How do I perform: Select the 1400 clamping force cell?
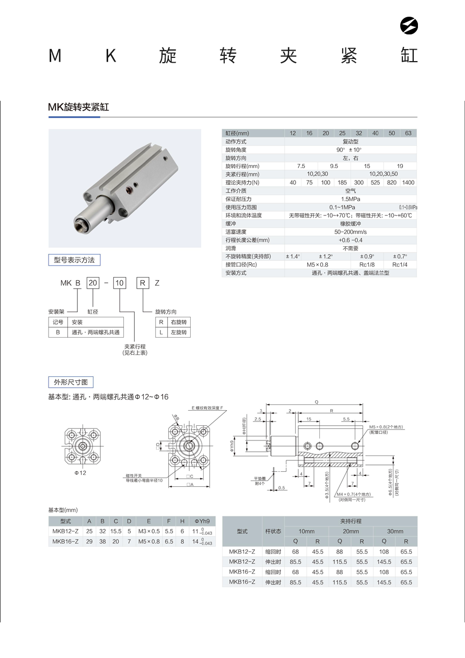409,182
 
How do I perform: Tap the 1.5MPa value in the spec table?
350,199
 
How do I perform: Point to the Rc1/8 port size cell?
367,265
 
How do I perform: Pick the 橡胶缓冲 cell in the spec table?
350,223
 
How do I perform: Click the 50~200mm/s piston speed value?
350,232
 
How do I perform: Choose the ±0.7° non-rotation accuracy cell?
400,256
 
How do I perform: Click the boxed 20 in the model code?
92,283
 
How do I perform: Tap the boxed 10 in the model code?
120,283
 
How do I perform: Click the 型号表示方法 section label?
74,260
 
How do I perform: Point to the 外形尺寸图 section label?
71,382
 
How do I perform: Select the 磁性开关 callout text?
134,475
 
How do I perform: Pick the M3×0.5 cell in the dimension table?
149,531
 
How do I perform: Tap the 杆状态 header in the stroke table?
273,531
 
